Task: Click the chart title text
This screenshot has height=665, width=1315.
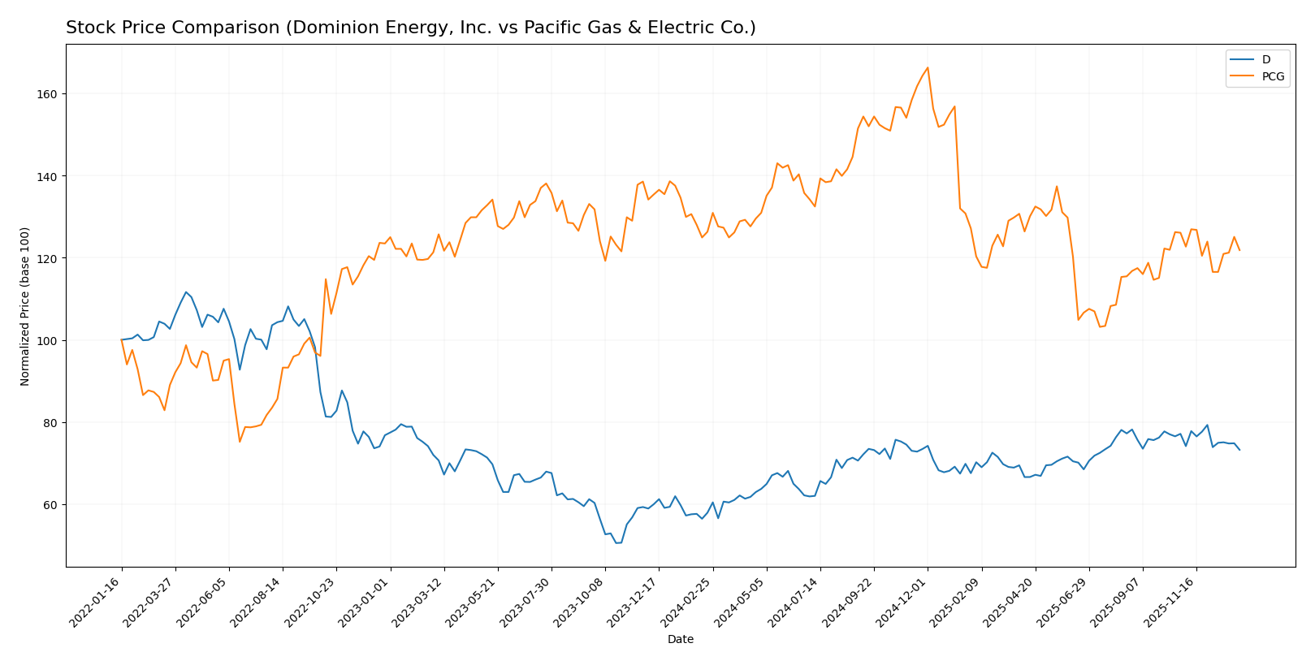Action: click(410, 28)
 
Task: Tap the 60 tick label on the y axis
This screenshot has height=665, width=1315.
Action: click(51, 505)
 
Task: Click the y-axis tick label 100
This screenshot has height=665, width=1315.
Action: click(49, 341)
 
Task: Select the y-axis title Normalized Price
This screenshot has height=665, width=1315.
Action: click(25, 306)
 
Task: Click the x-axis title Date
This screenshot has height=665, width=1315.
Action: click(680, 640)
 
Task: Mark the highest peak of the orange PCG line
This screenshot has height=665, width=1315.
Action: click(928, 67)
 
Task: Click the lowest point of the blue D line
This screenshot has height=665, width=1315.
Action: click(617, 542)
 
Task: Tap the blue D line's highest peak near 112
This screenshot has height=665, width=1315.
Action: click(186, 292)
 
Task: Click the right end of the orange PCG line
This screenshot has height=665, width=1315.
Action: click(1239, 250)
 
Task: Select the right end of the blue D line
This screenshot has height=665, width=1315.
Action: click(1239, 450)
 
